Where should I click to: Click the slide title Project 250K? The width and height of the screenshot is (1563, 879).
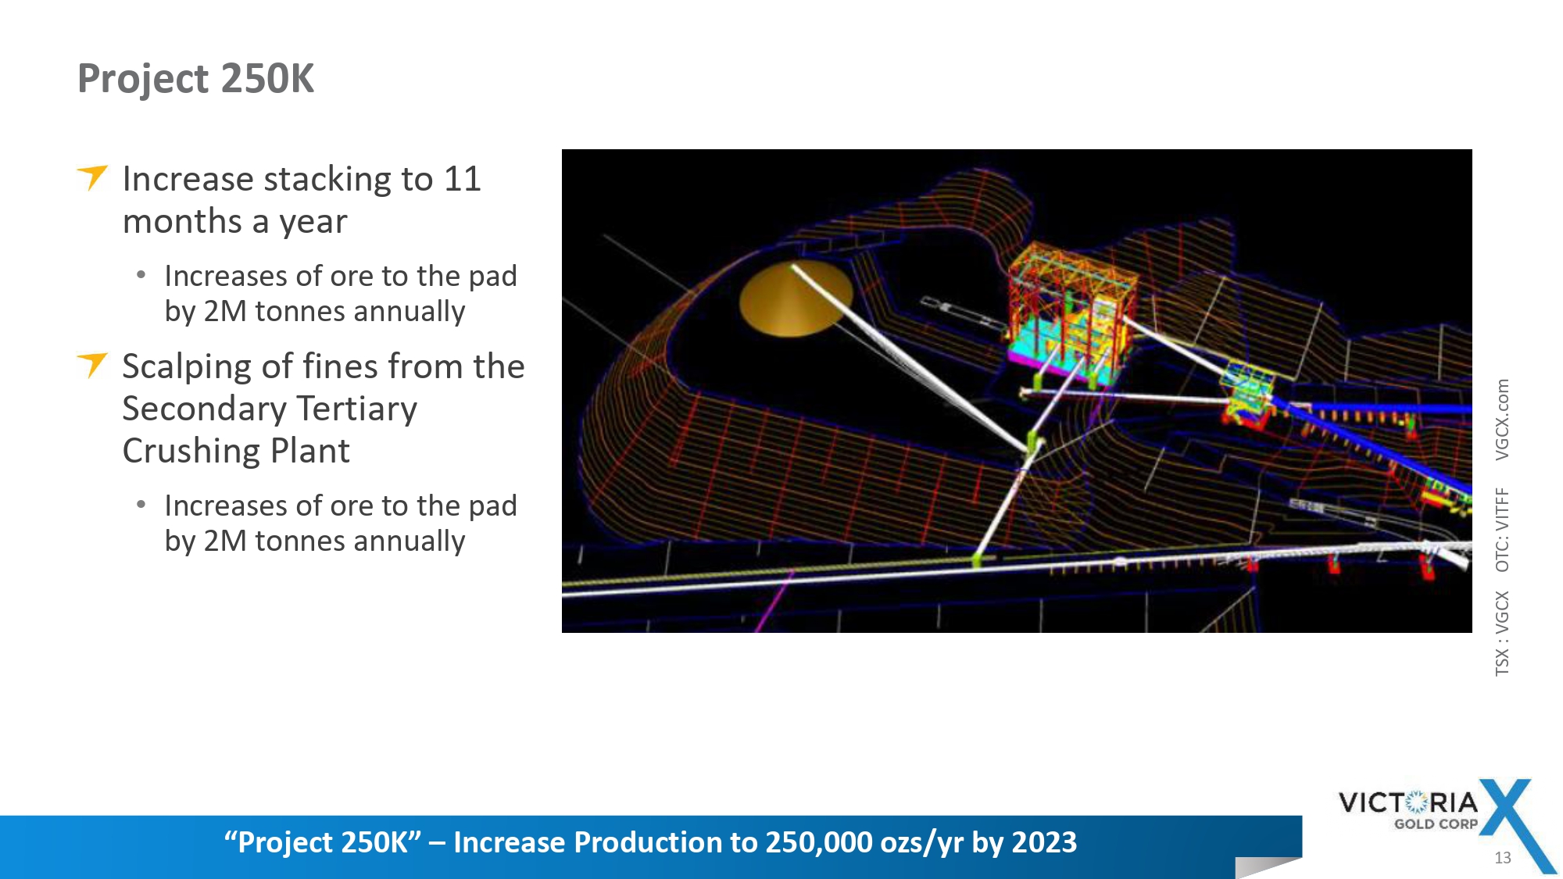195,79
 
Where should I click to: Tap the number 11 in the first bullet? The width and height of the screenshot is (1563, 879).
462,180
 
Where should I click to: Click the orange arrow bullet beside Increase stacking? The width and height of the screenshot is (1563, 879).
92,177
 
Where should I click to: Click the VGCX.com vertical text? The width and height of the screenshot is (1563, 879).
1502,420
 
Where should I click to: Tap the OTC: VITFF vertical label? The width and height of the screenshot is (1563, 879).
1502,530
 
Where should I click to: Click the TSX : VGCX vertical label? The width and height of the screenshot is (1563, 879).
1502,633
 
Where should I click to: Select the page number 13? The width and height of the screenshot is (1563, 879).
1502,858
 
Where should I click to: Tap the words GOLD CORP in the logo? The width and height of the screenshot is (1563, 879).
1436,824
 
